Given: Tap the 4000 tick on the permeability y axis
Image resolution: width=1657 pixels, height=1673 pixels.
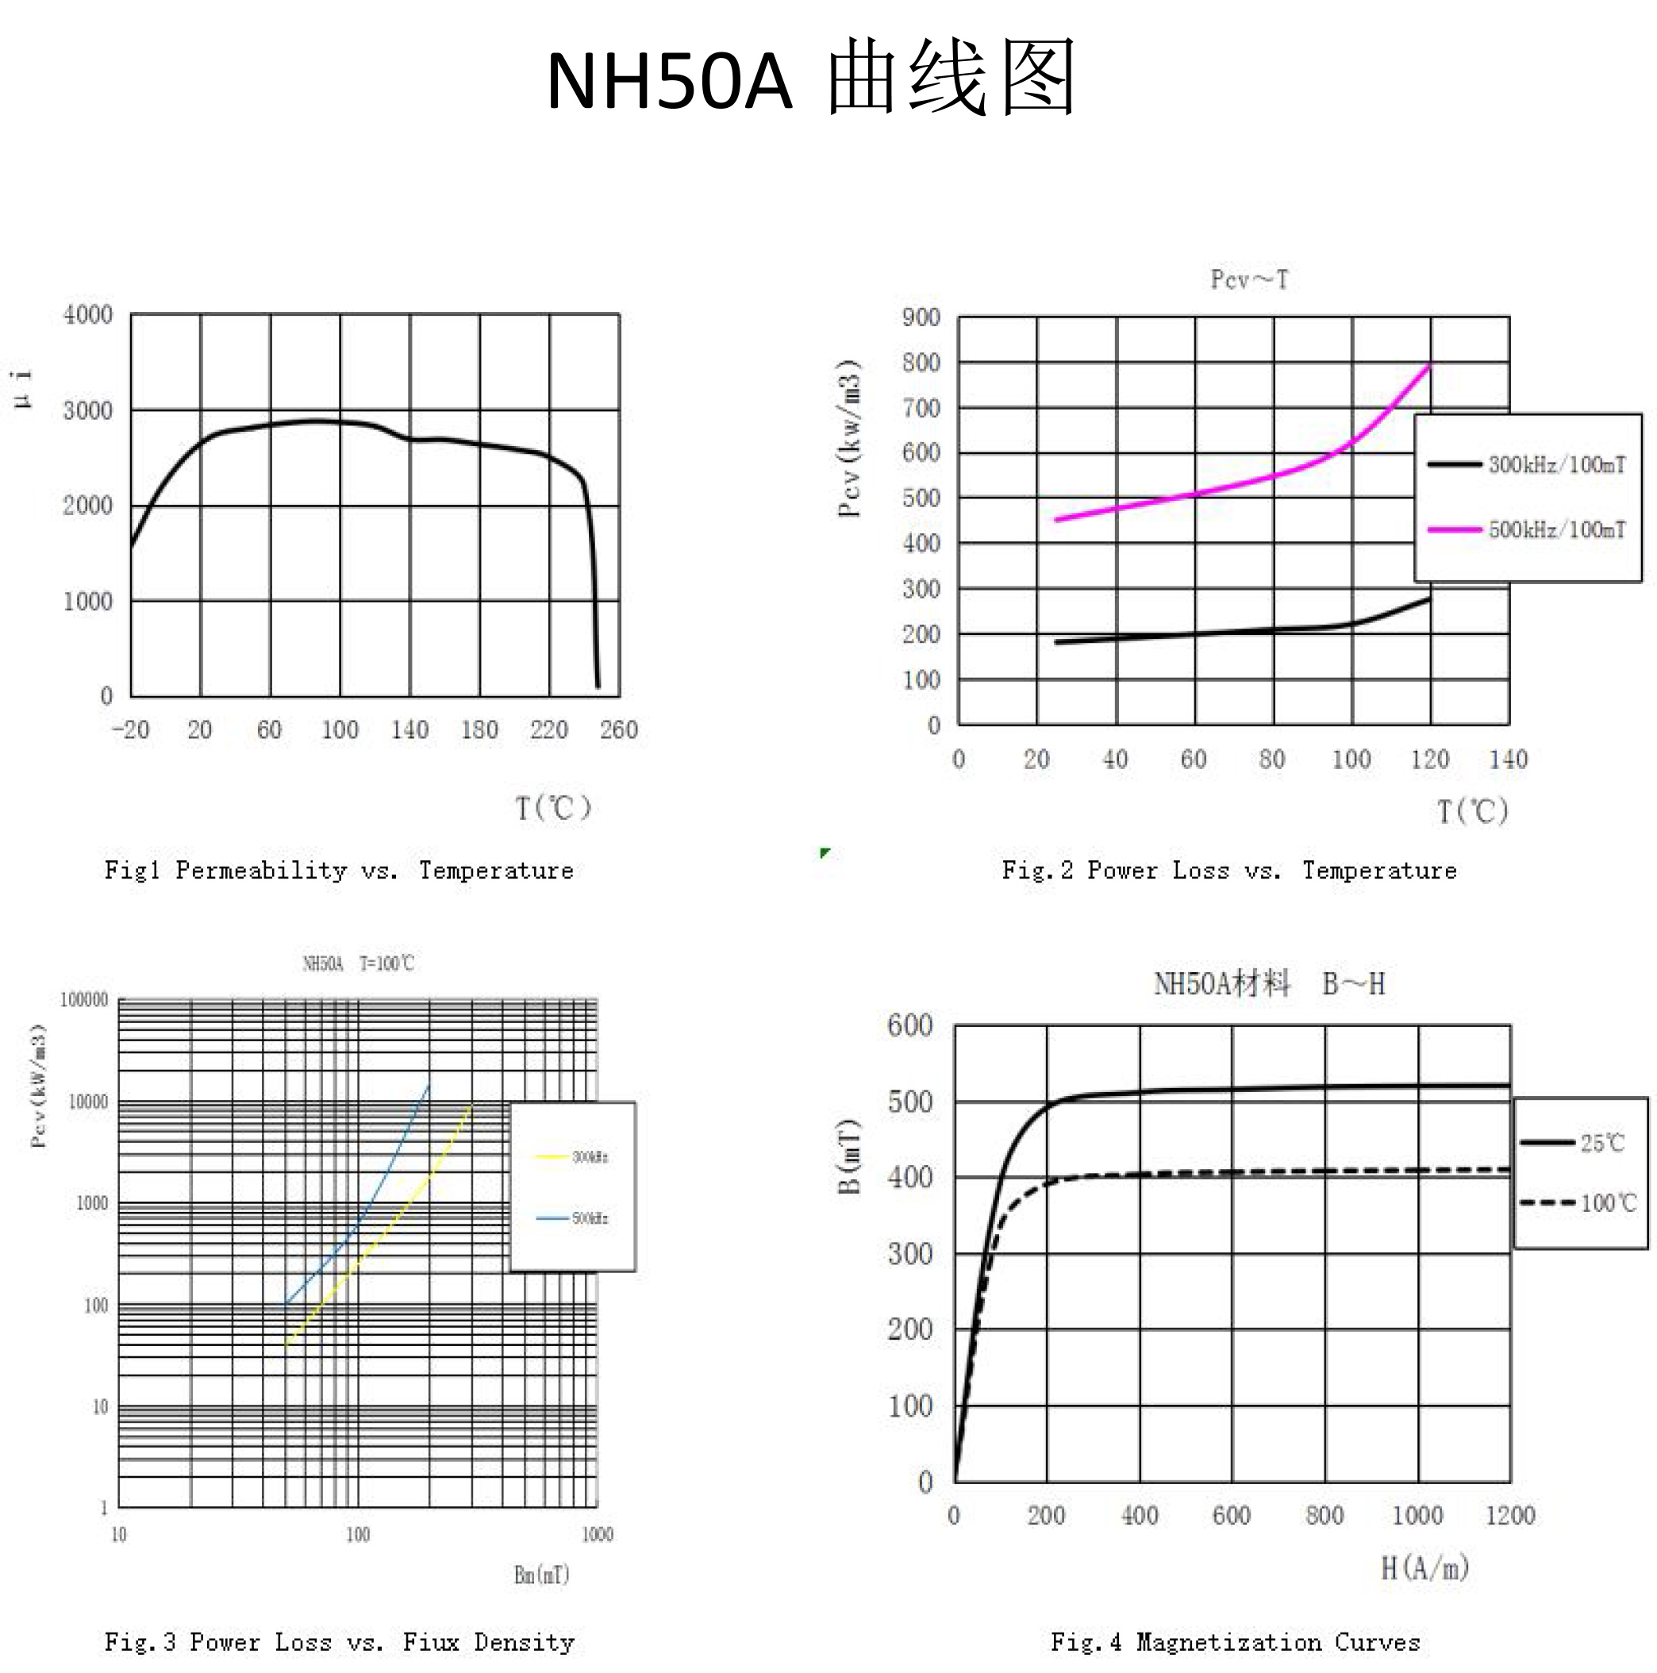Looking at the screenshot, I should (88, 314).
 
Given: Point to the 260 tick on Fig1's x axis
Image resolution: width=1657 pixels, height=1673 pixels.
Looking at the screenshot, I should (619, 730).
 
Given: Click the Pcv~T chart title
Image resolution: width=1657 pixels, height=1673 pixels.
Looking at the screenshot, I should (1249, 279).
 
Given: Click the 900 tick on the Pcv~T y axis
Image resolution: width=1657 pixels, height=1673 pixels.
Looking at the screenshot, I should (921, 317).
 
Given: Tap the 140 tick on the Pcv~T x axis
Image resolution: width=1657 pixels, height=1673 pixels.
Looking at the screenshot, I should (1508, 760).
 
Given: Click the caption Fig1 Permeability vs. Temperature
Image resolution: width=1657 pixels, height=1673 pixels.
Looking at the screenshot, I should (340, 871).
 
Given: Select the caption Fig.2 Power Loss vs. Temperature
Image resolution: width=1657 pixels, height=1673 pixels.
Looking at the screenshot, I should (1229, 871).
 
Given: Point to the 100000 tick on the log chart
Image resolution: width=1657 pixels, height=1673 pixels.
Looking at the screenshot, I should (84, 1000).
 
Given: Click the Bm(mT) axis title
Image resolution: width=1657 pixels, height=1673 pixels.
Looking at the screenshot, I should (542, 1575).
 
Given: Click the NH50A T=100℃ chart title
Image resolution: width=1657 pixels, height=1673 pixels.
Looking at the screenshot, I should (359, 963).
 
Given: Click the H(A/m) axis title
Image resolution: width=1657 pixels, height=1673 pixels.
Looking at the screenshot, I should (1425, 1567).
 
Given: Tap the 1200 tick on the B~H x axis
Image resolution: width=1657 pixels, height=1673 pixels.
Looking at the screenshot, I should (1510, 1515).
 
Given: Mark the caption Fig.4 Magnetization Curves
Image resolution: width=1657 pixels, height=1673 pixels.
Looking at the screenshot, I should (1236, 1642).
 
